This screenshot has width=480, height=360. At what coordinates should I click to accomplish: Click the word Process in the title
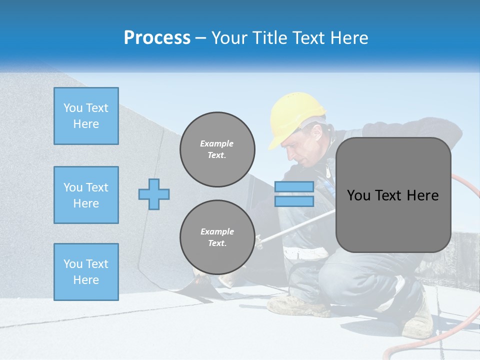tap(157, 38)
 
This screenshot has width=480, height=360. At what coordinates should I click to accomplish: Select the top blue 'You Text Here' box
tap(86, 116)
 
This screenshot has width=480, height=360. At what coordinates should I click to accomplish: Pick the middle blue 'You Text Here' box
tap(86, 195)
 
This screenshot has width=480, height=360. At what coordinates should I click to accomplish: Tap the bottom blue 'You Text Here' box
tap(86, 272)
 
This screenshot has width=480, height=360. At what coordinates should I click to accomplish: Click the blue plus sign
tap(154, 194)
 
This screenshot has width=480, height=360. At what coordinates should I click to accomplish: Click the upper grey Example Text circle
tap(217, 149)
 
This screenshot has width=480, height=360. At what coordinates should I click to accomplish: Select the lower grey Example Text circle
tap(217, 237)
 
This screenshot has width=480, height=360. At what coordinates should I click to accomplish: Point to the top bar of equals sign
tap(294, 187)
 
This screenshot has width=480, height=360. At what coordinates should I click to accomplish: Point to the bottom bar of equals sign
tap(294, 201)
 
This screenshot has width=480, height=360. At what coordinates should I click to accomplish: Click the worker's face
tap(300, 147)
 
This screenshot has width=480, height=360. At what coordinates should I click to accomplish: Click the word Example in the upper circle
tap(216, 143)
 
